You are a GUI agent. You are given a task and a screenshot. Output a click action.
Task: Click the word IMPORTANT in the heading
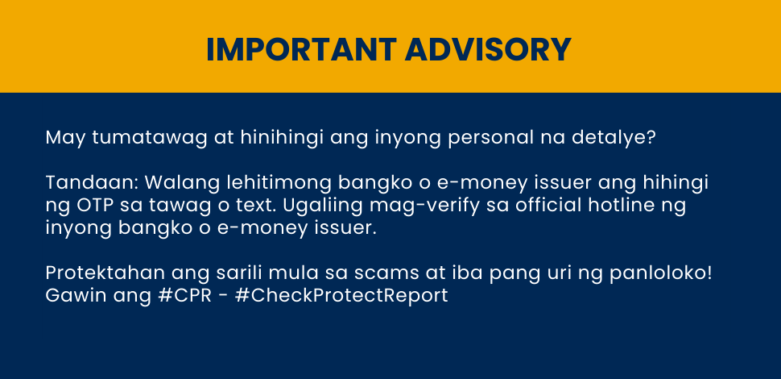pyautogui.click(x=301, y=49)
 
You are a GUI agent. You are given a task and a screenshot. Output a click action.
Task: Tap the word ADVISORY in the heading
pyautogui.click(x=488, y=49)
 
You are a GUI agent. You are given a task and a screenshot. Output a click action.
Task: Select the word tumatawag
pyautogui.click(x=150, y=138)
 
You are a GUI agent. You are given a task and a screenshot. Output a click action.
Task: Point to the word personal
pyautogui.click(x=492, y=138)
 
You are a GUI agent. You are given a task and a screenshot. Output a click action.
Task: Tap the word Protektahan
pyautogui.click(x=105, y=274)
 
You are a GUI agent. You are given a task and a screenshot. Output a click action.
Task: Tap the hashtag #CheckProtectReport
pyautogui.click(x=341, y=296)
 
